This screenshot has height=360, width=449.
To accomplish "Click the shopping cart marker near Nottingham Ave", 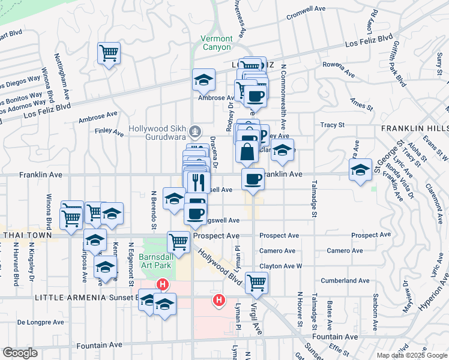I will (x=109, y=53).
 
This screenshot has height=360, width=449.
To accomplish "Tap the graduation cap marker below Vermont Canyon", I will (x=204, y=80).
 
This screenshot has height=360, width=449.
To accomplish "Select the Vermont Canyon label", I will (x=215, y=43).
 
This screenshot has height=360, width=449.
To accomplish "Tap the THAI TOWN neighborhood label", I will (x=26, y=235).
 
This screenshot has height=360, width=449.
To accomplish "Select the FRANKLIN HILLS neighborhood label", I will (x=414, y=128).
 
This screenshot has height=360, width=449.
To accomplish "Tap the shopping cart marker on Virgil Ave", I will (x=256, y=282).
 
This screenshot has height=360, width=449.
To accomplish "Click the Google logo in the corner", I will (x=20, y=353).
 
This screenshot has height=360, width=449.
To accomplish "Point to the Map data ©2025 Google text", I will (x=411, y=355).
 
